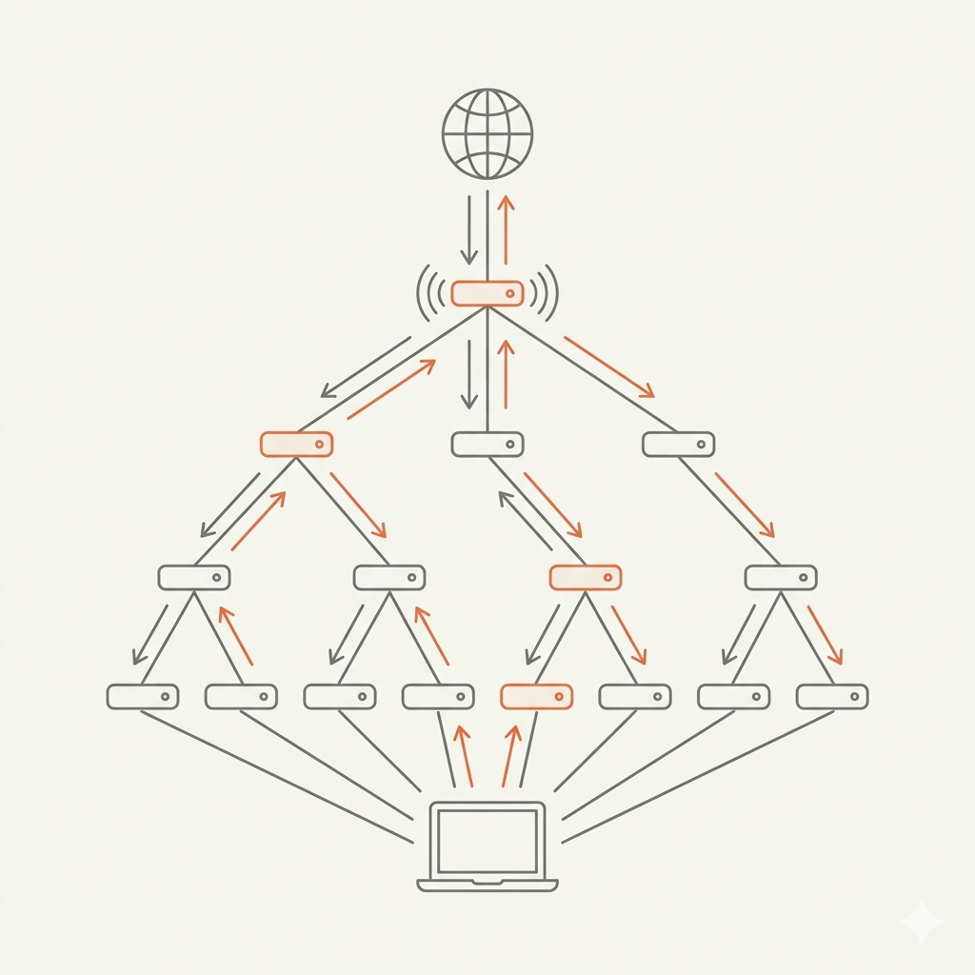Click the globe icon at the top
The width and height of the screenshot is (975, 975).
tap(487, 133)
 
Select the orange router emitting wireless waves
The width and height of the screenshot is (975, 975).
tap(487, 293)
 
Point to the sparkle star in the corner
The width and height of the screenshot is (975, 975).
tap(922, 922)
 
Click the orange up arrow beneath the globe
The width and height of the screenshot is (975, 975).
tap(506, 229)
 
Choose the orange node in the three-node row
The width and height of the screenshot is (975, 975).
tap(296, 444)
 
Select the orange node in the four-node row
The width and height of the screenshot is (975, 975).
tap(586, 577)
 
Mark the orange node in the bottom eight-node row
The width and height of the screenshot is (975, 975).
tap(536, 697)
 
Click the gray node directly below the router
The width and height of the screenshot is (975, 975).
tap(487, 444)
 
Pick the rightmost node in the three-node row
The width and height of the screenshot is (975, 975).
tap(679, 444)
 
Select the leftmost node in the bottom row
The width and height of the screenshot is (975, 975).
tap(143, 697)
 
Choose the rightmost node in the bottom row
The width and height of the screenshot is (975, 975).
tap(832, 697)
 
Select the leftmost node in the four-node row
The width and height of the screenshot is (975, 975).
tap(194, 577)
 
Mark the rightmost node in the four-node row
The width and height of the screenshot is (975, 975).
tap(781, 577)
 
